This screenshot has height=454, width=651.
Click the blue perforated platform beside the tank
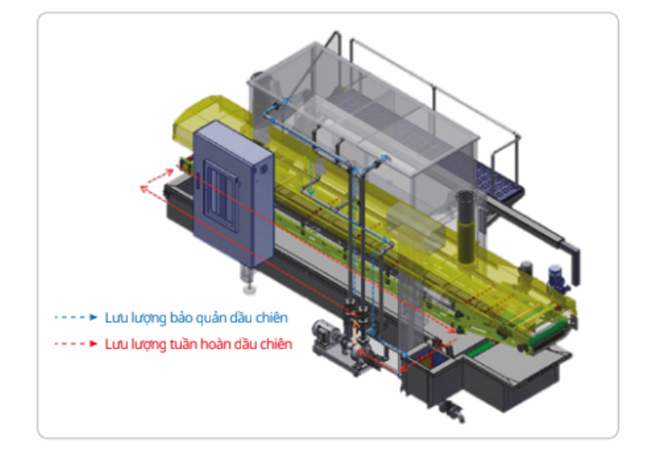[x=496, y=180]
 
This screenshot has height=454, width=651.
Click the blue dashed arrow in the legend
[x=76, y=318]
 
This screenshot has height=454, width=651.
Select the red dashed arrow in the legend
[x=76, y=344]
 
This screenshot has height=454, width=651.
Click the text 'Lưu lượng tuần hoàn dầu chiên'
[x=199, y=344]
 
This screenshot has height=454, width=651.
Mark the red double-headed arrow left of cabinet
[x=152, y=183]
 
